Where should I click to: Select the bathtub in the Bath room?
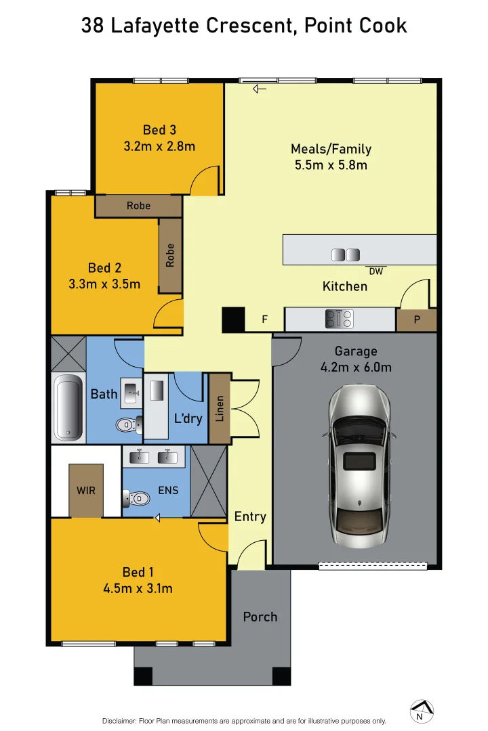[x=68, y=406]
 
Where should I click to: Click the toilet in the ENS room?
[x=137, y=499]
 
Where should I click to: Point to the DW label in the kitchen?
[x=376, y=271]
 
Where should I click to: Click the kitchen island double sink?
[x=345, y=254]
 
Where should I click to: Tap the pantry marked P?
[x=416, y=319]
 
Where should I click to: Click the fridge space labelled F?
[x=264, y=319]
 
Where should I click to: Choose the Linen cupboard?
[x=220, y=409]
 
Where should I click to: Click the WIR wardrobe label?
[x=86, y=489]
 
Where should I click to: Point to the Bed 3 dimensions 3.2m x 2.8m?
[x=159, y=146]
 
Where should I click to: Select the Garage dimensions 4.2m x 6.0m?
[x=356, y=368]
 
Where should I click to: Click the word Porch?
[x=260, y=617]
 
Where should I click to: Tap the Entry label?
[x=250, y=516]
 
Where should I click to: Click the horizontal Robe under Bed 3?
[x=138, y=206]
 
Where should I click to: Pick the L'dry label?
[x=188, y=418]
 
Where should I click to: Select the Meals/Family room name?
[x=331, y=149]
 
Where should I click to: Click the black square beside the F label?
[x=233, y=319]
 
